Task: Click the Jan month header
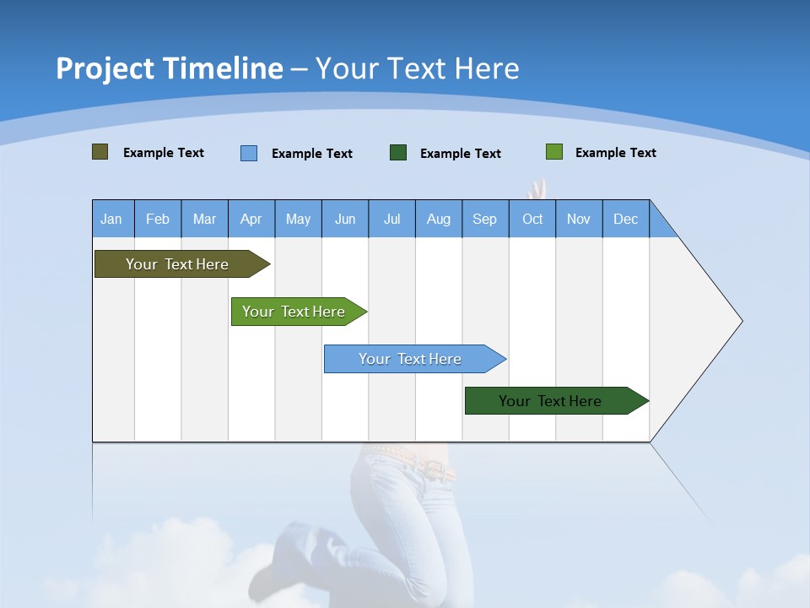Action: (112, 219)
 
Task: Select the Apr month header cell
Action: (251, 219)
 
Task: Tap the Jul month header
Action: (392, 219)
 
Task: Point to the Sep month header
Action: (485, 219)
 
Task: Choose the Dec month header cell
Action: (626, 219)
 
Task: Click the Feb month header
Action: (158, 219)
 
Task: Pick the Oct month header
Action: (532, 219)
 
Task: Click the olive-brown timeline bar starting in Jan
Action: (177, 264)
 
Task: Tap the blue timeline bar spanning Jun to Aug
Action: (411, 359)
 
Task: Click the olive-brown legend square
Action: (100, 152)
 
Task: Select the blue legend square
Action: (249, 153)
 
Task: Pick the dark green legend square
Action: (398, 153)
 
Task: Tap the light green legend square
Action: (554, 152)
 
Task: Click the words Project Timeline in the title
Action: (169, 68)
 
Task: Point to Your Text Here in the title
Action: (418, 68)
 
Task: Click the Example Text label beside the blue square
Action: (312, 154)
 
